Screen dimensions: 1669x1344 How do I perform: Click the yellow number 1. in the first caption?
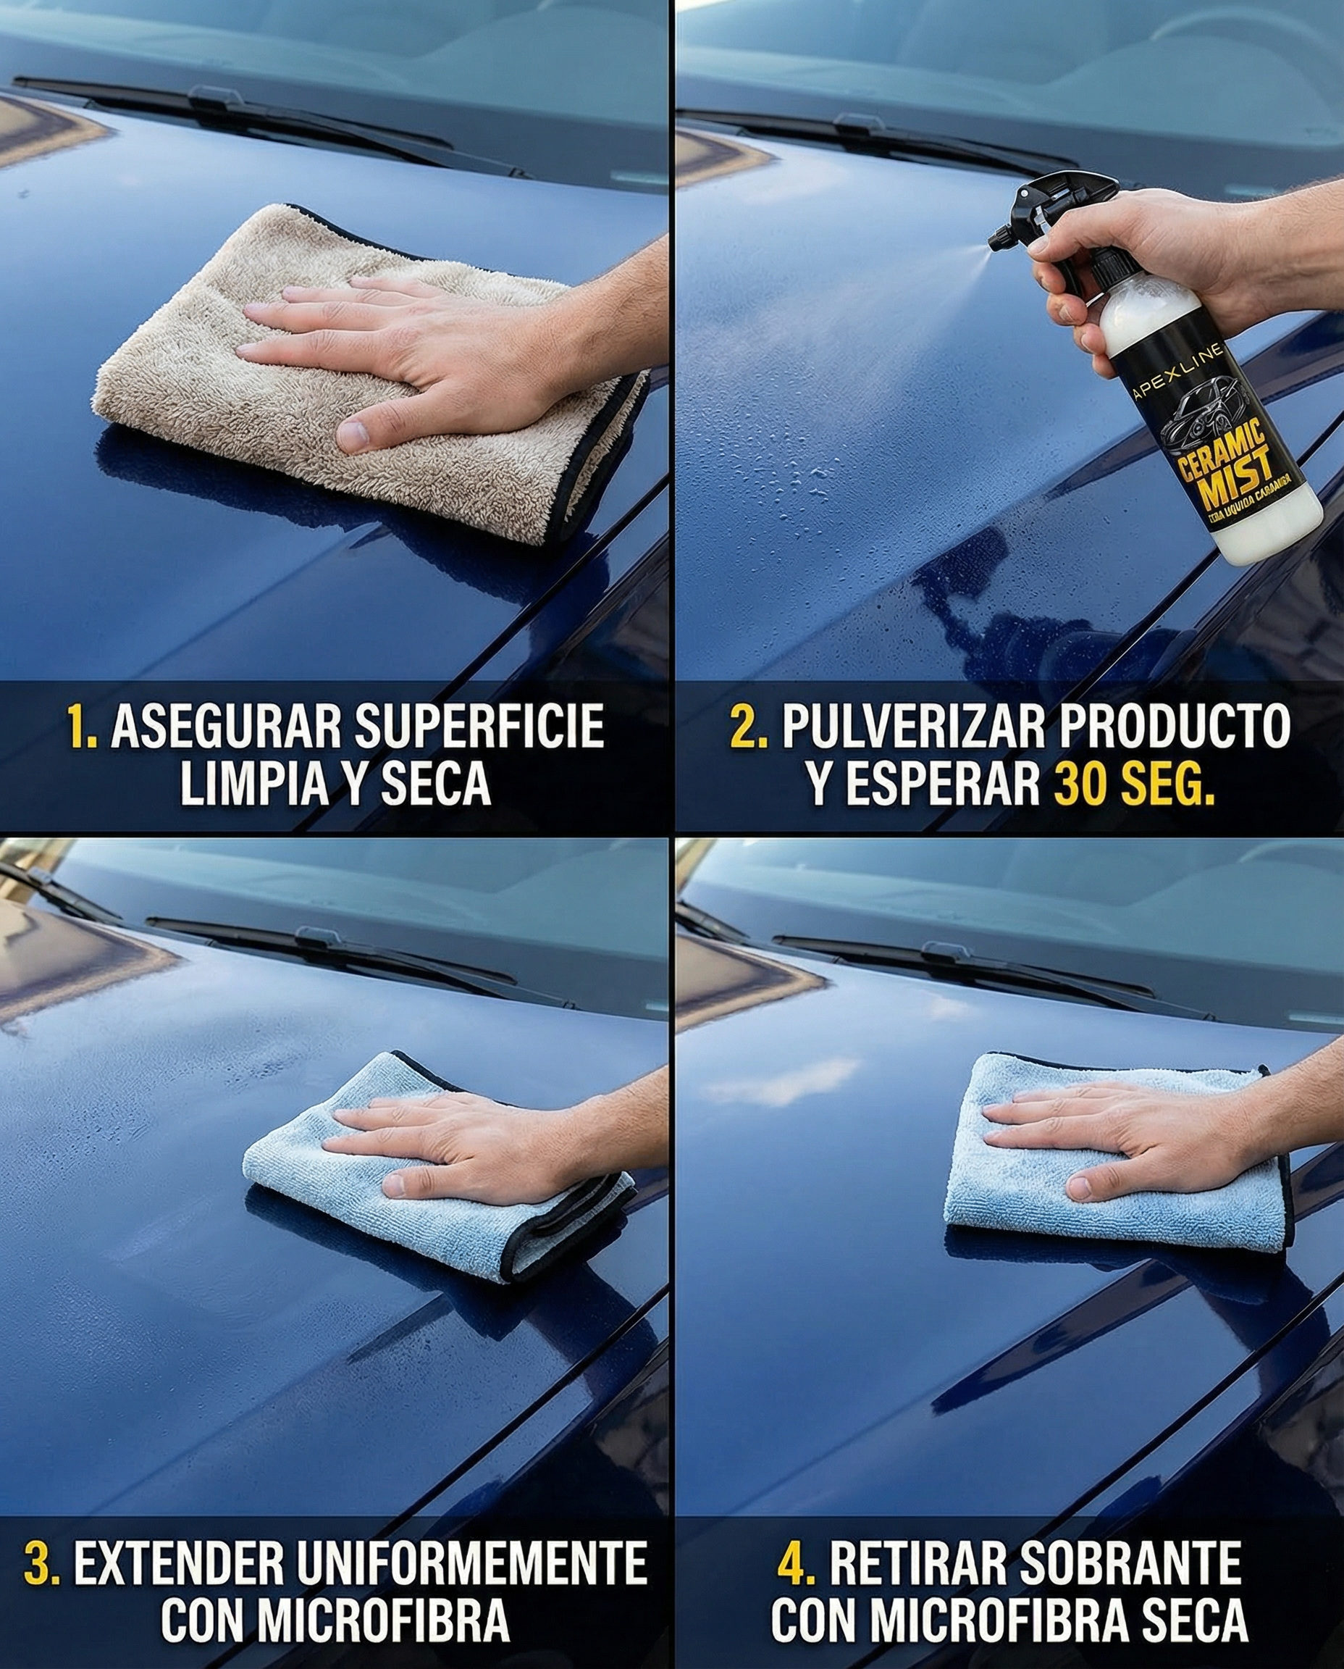coord(83,728)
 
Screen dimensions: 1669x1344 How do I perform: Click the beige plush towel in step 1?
coord(232,388)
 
